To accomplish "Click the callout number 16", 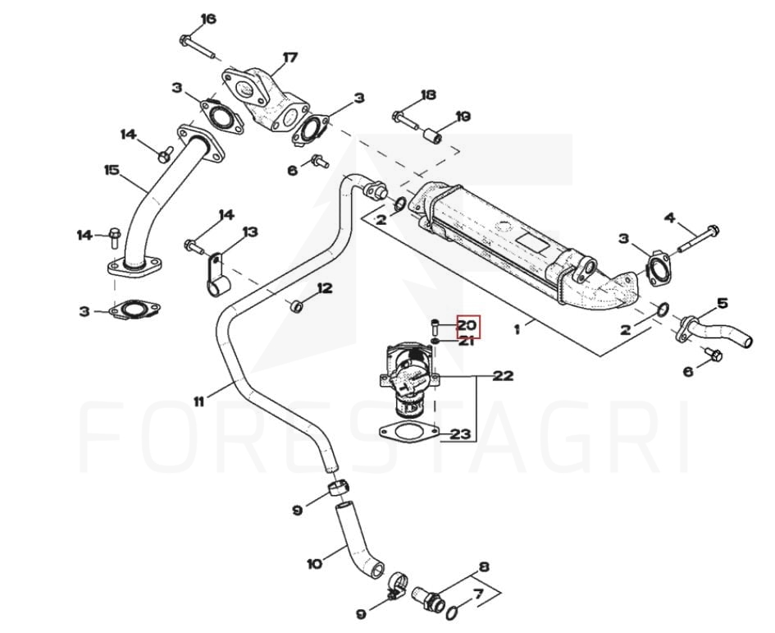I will click(x=208, y=19).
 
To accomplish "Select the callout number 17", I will click(x=289, y=57).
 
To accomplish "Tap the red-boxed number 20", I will click(x=467, y=327).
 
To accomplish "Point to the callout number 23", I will click(x=461, y=434).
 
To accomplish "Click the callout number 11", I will click(x=199, y=401).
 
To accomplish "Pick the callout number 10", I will click(x=314, y=564).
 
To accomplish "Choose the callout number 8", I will click(x=484, y=566).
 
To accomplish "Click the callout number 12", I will click(x=325, y=288).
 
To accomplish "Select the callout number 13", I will click(x=249, y=232).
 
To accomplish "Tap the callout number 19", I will click(x=463, y=117).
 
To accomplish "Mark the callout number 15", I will click(x=112, y=171).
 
